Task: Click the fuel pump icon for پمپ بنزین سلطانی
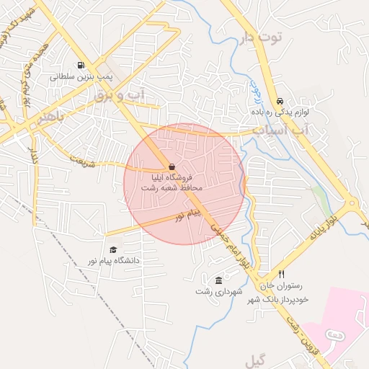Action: (79, 64)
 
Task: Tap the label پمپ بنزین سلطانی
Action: (79, 75)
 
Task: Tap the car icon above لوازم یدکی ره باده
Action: (280, 102)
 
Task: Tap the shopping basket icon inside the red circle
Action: (171, 166)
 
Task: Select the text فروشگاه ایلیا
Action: (171, 177)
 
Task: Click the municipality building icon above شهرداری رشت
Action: (218, 280)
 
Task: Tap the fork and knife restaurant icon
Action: (282, 275)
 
